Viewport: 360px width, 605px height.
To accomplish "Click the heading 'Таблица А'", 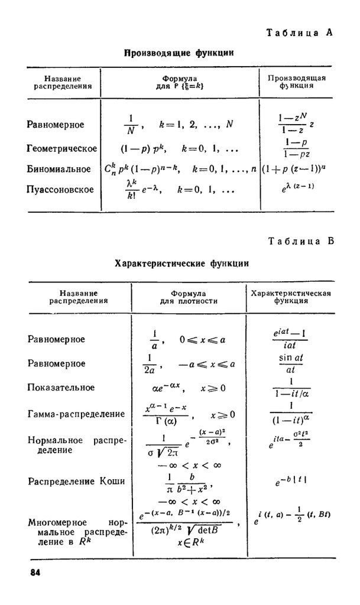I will click(x=300, y=34).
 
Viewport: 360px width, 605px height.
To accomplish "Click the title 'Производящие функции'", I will click(x=179, y=54).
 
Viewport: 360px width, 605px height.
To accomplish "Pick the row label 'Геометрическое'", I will click(x=62, y=148).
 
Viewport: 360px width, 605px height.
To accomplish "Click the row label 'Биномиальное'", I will click(x=59, y=169).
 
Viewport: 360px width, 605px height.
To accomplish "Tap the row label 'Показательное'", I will click(x=61, y=388).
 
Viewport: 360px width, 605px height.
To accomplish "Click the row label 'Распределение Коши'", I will click(x=76, y=482).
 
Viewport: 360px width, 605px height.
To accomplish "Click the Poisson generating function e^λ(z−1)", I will click(x=299, y=188).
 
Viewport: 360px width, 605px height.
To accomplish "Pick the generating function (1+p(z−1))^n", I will click(x=298, y=170).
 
